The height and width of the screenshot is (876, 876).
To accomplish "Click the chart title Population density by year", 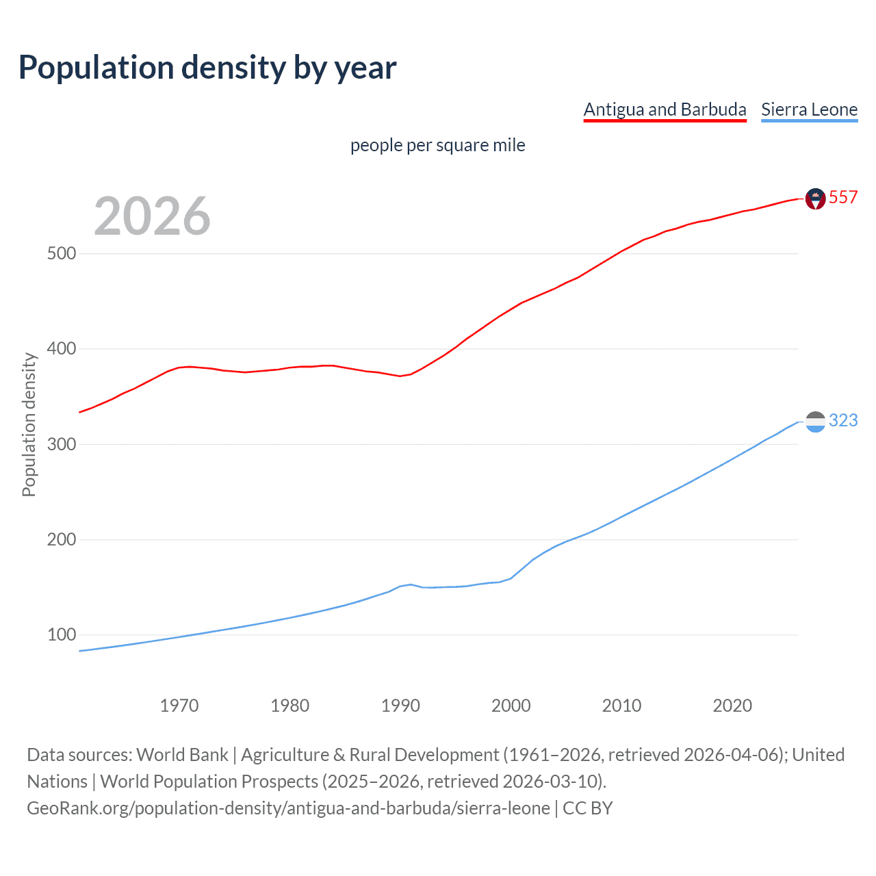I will [207, 68].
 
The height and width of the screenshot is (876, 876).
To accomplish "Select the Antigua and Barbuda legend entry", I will [665, 109].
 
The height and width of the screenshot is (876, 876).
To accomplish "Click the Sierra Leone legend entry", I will [809, 109].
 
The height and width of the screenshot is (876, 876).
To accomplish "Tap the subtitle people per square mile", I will [437, 145].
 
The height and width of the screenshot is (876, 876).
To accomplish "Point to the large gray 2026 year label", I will [152, 216].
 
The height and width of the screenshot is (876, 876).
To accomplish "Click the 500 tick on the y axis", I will [62, 253].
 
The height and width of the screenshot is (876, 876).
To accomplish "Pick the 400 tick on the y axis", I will [62, 349].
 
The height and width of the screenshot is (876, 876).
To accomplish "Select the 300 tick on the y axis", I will [62, 444].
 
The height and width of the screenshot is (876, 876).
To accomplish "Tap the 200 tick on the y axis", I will [62, 539].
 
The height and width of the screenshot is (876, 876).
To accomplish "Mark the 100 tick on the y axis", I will [62, 634].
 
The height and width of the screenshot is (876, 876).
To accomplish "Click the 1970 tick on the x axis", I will [179, 706].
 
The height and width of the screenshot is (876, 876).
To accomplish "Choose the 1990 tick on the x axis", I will [400, 706].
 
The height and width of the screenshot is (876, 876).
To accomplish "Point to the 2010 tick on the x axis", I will [621, 706].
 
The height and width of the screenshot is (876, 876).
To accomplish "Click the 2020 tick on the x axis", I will [732, 706].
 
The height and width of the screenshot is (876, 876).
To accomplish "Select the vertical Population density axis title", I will [29, 424].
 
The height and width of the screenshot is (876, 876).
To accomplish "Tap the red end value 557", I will [843, 198].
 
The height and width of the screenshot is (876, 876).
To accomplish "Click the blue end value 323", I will [843, 420].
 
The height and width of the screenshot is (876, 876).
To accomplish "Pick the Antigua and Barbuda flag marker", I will [815, 198].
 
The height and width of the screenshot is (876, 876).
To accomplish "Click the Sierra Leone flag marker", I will [815, 422].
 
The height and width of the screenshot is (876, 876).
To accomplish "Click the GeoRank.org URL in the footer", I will [288, 808].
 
